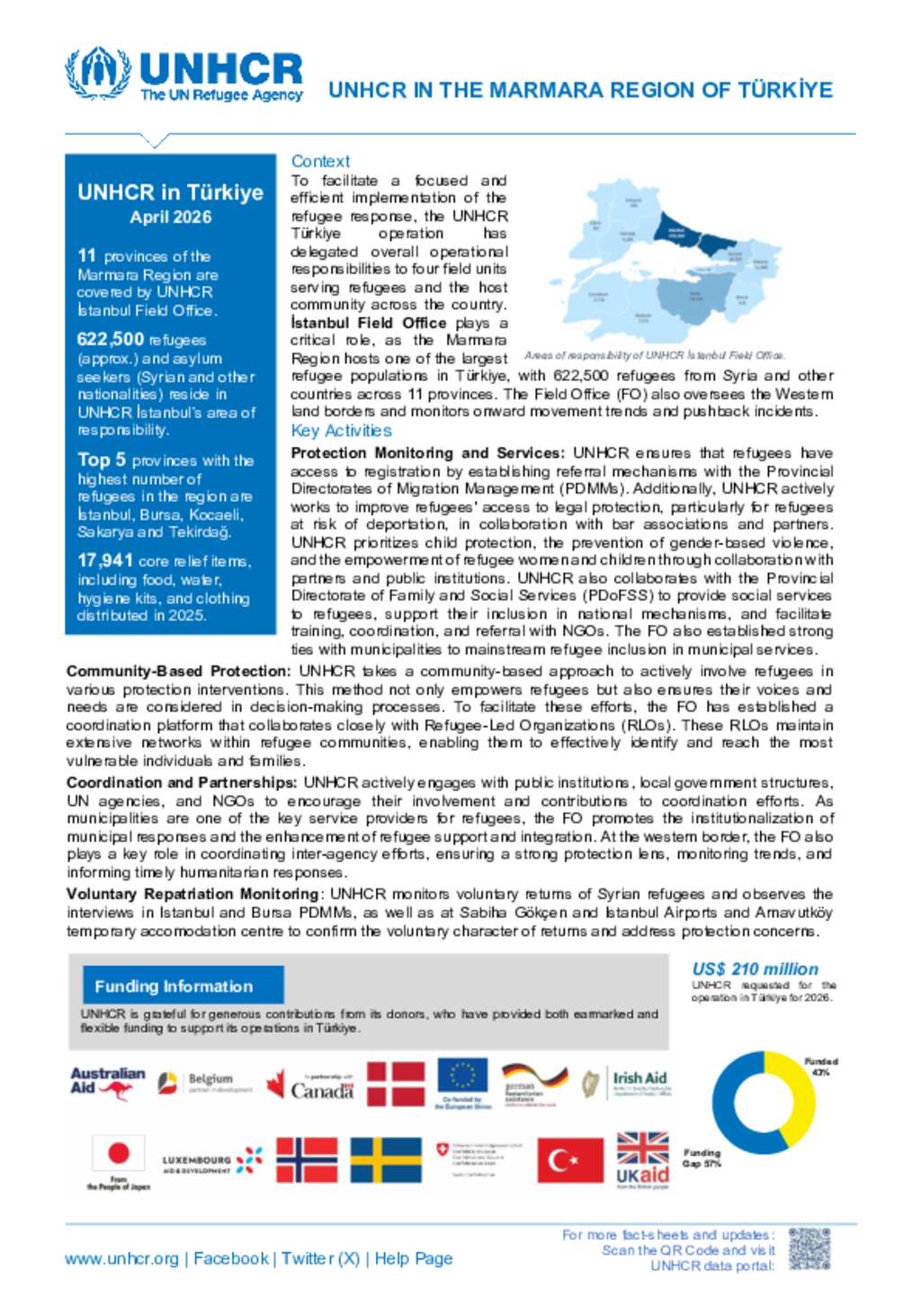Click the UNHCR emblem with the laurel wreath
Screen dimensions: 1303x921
[98, 74]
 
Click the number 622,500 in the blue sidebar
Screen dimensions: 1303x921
[111, 339]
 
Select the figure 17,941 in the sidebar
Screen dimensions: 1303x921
[105, 560]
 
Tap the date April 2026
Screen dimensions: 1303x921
[171, 217]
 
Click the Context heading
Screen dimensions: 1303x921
[320, 161]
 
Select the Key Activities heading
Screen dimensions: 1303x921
[341, 431]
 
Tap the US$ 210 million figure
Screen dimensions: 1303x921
[756, 969]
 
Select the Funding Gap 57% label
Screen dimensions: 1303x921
[702, 1157]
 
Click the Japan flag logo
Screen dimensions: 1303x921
[118, 1155]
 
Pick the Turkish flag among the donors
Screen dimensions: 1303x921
[570, 1160]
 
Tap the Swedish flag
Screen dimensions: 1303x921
[385, 1160]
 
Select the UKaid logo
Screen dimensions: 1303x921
[642, 1160]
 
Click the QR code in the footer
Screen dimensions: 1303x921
[809, 1249]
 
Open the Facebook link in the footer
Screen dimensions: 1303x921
[231, 1259]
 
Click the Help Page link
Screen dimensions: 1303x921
[414, 1259]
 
